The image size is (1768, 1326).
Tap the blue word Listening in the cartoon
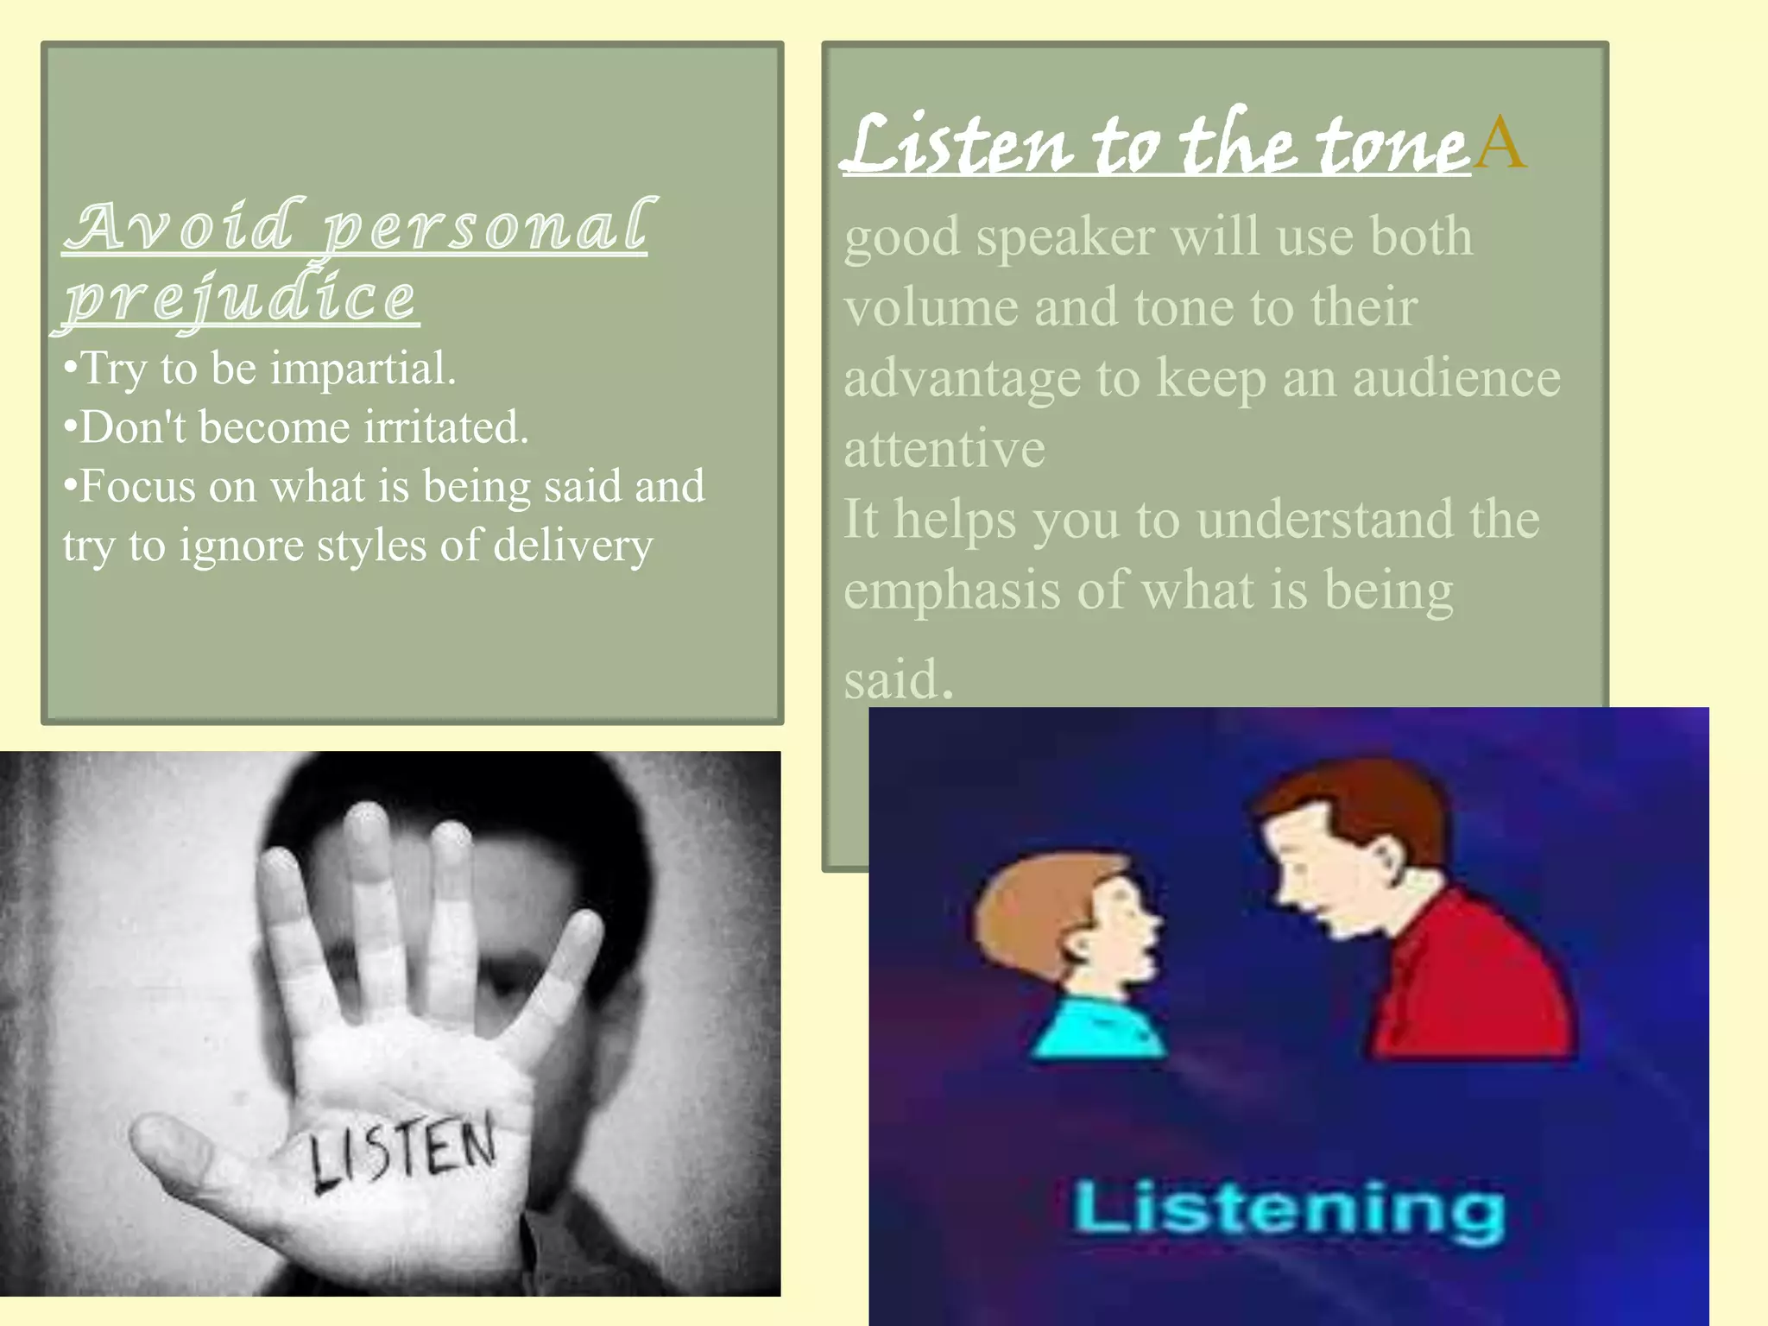[1289, 1211]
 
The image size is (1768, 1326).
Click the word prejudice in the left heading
[241, 297]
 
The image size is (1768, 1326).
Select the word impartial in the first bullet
[363, 369]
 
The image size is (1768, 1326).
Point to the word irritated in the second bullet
[445, 427]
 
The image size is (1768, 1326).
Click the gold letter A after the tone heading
[1500, 142]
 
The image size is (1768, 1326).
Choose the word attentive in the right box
[944, 449]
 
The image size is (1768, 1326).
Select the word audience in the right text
[1456, 378]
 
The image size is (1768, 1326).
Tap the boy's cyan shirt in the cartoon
[1096, 1027]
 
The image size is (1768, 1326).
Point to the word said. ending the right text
[898, 679]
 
